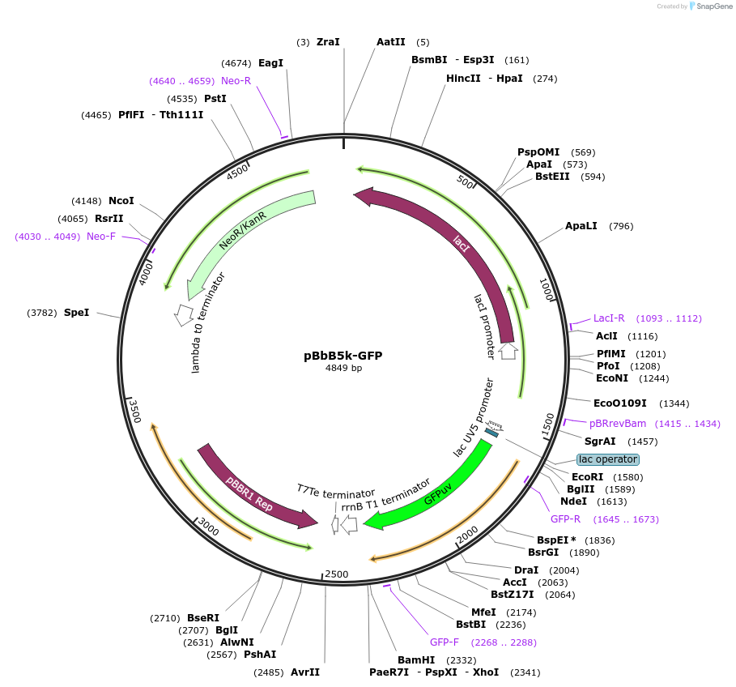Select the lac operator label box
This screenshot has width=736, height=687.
[x=607, y=459]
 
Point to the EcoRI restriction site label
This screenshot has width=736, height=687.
[x=587, y=477]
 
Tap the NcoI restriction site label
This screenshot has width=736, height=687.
[x=121, y=201]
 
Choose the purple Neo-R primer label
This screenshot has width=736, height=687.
[x=236, y=81]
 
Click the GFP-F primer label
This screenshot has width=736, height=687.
[x=445, y=642]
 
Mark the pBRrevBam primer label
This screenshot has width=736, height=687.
[x=617, y=424]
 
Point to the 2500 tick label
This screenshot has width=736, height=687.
[x=336, y=574]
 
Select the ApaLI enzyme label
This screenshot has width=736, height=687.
[x=581, y=226]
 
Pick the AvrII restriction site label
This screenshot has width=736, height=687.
[x=305, y=672]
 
